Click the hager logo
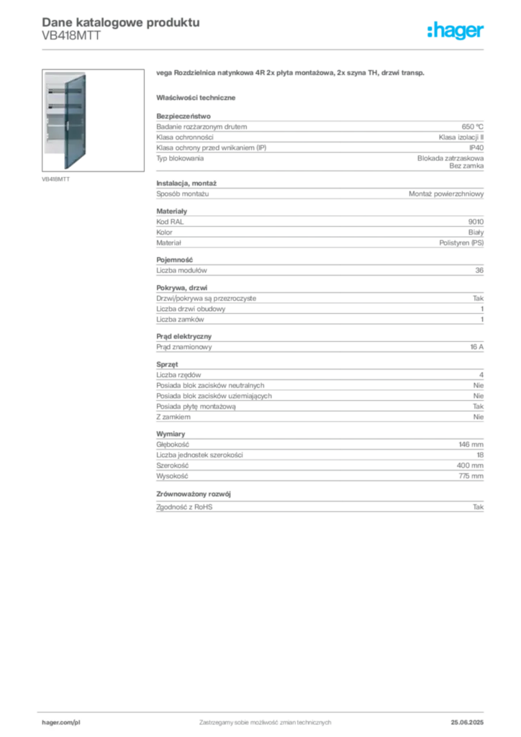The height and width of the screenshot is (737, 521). [455, 31]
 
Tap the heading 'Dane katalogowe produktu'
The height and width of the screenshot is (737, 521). [121, 22]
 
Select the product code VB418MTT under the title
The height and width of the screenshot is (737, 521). [71, 36]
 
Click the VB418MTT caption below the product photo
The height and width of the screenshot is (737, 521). [55, 179]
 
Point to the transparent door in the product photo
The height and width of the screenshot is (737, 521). [75, 121]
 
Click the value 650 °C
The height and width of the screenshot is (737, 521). [472, 127]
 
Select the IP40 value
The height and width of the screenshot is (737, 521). [476, 148]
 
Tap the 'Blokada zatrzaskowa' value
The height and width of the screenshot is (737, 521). [450, 158]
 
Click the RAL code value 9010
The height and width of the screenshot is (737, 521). [476, 222]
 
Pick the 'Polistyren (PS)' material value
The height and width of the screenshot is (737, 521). [461, 243]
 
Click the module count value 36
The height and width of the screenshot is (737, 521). [479, 271]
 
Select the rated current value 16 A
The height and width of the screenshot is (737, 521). [476, 346]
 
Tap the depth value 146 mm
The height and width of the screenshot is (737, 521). [471, 444]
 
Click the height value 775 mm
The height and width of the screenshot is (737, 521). [471, 476]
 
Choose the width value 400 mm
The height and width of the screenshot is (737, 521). [470, 466]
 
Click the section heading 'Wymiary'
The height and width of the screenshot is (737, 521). [171, 434]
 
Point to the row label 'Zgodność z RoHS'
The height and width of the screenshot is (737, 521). [184, 507]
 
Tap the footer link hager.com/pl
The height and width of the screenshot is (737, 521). [60, 723]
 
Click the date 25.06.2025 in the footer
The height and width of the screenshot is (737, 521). [467, 723]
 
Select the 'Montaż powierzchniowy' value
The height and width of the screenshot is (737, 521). [446, 194]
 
